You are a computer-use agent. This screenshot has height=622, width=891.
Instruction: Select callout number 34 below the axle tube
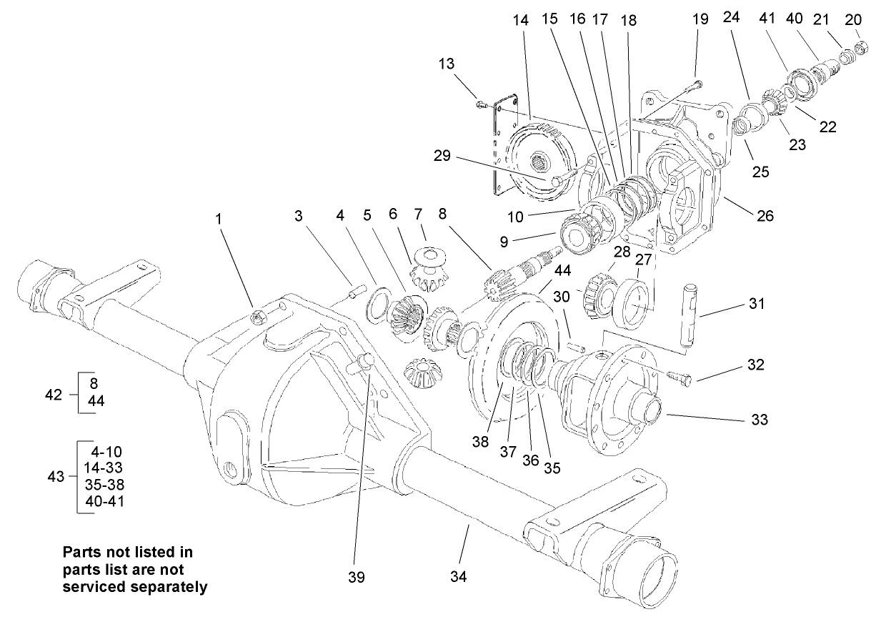459,576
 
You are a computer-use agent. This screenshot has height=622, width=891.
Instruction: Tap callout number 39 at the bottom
356,576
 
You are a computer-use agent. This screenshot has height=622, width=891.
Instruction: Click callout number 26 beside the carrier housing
765,215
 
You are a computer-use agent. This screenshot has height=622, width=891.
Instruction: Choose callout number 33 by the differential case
759,420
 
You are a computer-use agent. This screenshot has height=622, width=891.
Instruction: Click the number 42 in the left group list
54,394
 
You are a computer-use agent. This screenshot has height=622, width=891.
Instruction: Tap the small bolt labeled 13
481,105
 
